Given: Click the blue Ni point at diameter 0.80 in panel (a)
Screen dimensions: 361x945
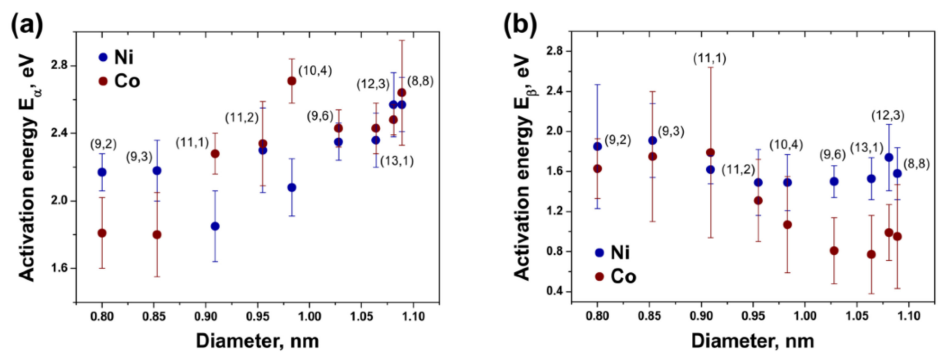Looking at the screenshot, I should (102, 172).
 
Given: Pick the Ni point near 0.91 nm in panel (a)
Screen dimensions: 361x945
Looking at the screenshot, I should (215, 226).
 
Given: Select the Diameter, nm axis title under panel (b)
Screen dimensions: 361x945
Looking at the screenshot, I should (753, 341).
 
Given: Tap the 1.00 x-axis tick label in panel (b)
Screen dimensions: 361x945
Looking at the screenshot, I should (805, 316).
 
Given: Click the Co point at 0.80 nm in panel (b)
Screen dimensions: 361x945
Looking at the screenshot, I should (598, 169).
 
